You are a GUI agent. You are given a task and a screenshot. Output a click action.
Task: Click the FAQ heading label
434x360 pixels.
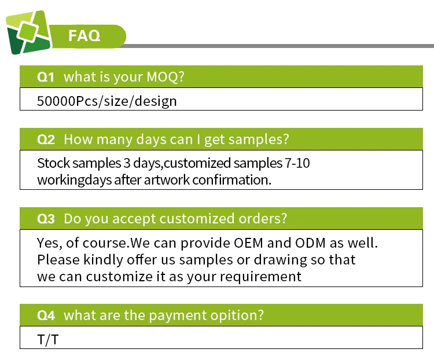click(84, 35)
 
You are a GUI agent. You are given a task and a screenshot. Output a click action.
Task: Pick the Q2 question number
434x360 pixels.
click(46, 139)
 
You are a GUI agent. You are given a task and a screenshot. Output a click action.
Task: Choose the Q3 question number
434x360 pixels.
click(46, 219)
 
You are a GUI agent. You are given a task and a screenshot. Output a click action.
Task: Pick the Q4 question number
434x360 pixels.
click(46, 315)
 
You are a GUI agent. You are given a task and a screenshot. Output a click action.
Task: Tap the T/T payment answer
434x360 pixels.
click(48, 340)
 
